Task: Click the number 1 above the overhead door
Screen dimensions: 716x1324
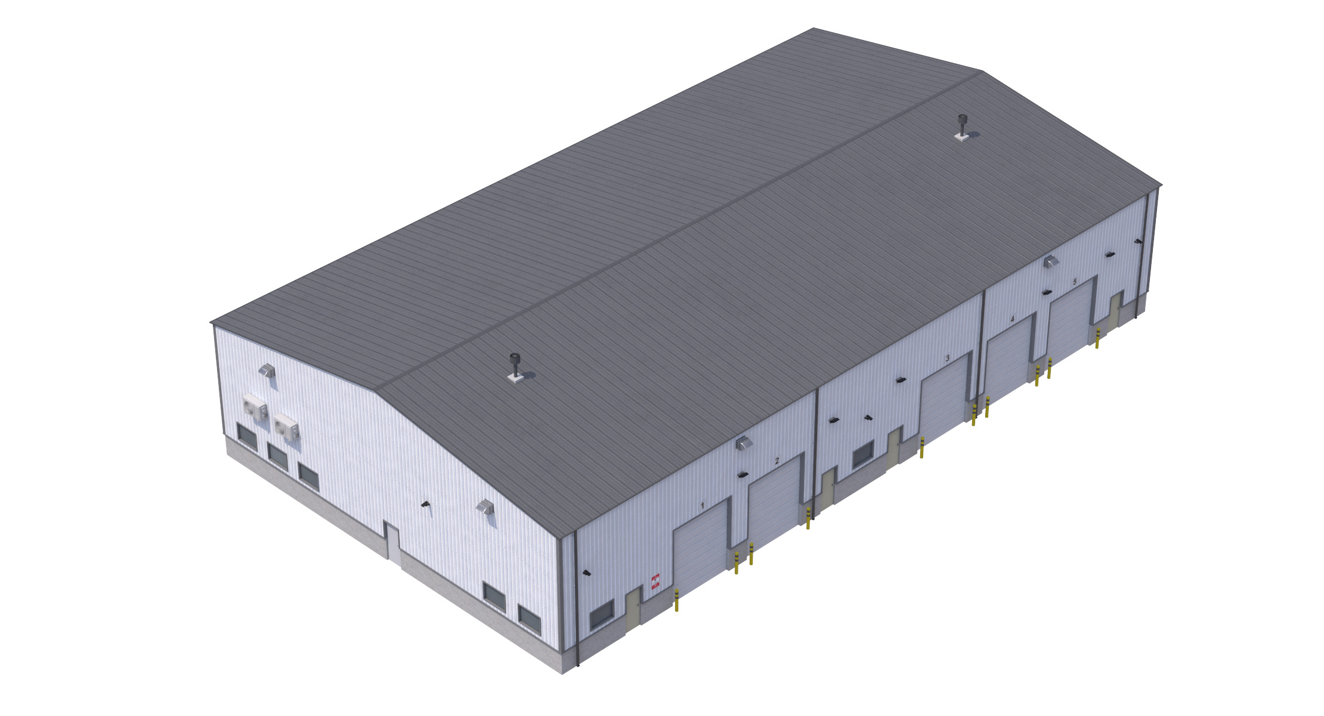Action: (703, 505)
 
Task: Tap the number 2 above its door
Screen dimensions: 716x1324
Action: (777, 461)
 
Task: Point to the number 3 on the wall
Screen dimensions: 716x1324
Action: (947, 359)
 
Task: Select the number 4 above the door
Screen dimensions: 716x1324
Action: (1012, 319)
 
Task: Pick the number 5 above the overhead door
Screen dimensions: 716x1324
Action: (1075, 281)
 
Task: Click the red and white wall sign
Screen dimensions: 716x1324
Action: (655, 582)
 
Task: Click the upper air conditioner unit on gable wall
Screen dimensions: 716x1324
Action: (255, 407)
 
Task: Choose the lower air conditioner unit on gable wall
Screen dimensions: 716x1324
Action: (286, 426)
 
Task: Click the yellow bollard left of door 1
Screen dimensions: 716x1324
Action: (676, 600)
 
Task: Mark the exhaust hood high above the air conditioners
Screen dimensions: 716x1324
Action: (267, 371)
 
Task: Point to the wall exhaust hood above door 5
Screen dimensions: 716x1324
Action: (1050, 261)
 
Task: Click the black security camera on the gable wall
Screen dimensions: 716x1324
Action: (425, 505)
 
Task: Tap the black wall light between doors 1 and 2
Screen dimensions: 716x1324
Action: (742, 474)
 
